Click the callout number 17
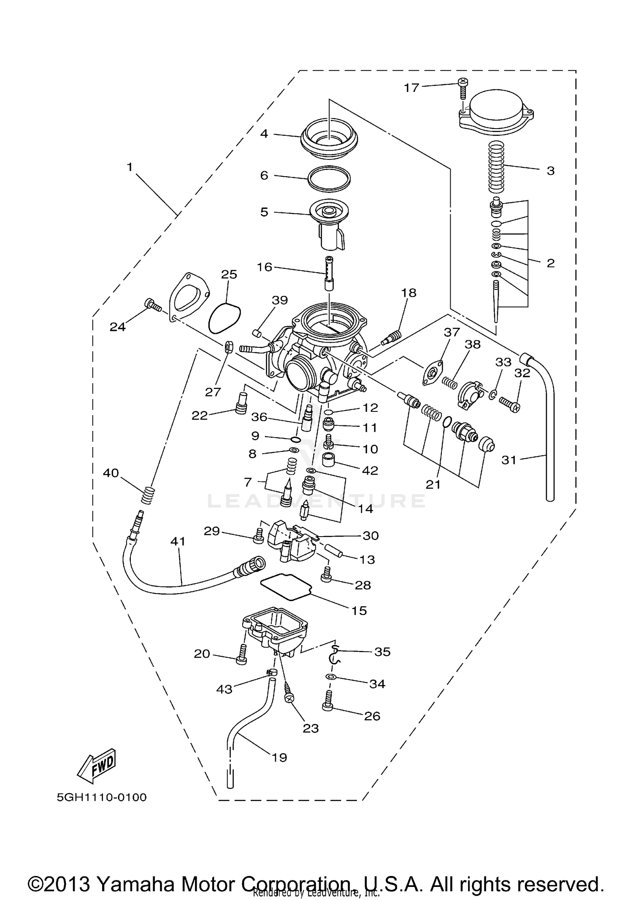pyautogui.click(x=411, y=88)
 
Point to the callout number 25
pyautogui.click(x=229, y=274)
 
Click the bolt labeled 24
pyautogui.click(x=153, y=305)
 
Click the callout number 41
pyautogui.click(x=178, y=541)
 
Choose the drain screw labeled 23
pyautogui.click(x=287, y=692)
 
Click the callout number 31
pyautogui.click(x=509, y=460)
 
